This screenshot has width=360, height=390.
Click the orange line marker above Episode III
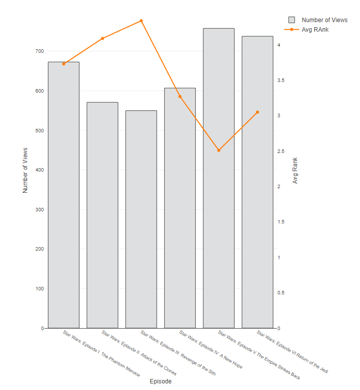click(x=141, y=21)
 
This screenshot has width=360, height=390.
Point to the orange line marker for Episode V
click(x=219, y=150)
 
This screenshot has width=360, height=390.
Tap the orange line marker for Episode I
click(x=63, y=64)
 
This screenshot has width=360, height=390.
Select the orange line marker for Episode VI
click(x=257, y=112)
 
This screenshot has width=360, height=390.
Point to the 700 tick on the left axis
click(x=39, y=51)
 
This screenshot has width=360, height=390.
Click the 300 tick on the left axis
click(x=39, y=210)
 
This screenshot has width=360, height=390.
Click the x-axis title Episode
click(x=161, y=381)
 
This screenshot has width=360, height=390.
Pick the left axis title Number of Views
click(x=25, y=170)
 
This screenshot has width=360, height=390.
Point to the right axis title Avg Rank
click(x=295, y=170)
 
